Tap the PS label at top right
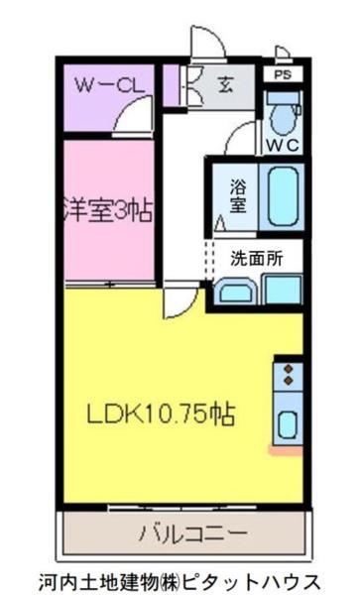[284, 72]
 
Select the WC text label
[282, 145]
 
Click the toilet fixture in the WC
[284, 114]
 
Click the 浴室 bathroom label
[238, 194]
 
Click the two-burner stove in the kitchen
[289, 376]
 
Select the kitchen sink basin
[287, 422]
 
